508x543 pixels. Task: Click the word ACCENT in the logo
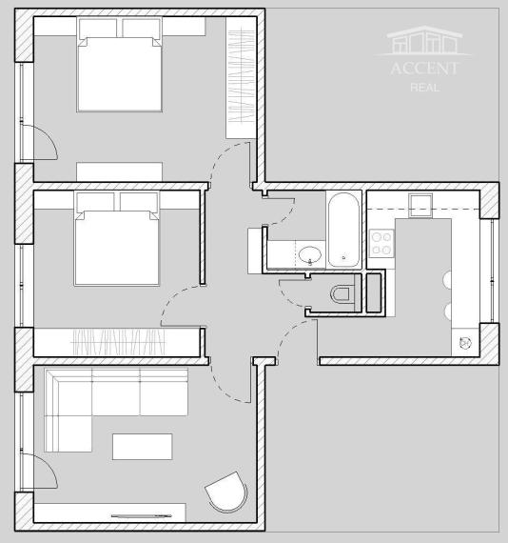point(423,69)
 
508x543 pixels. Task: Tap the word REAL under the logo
point(423,88)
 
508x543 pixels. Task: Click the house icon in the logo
point(423,41)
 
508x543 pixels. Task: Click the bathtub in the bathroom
point(344,230)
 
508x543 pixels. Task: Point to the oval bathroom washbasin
point(309,255)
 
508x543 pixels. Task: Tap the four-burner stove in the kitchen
point(381,243)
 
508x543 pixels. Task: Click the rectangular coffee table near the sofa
point(143,446)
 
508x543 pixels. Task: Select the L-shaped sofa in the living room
point(105,400)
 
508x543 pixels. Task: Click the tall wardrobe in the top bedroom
point(240,76)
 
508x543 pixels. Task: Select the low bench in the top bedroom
point(120,171)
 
